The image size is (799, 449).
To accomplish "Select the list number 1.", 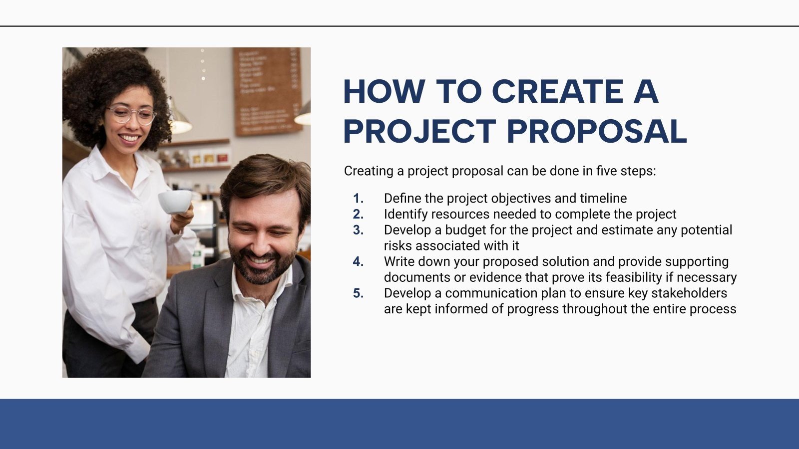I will coord(358,199).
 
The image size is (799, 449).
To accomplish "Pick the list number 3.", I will coord(358,230).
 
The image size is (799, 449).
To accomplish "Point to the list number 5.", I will coord(358,293).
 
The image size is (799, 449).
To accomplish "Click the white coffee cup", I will coord(175,202).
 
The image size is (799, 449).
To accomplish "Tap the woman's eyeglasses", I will coord(131,115).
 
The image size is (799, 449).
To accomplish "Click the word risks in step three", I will coord(398,246).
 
